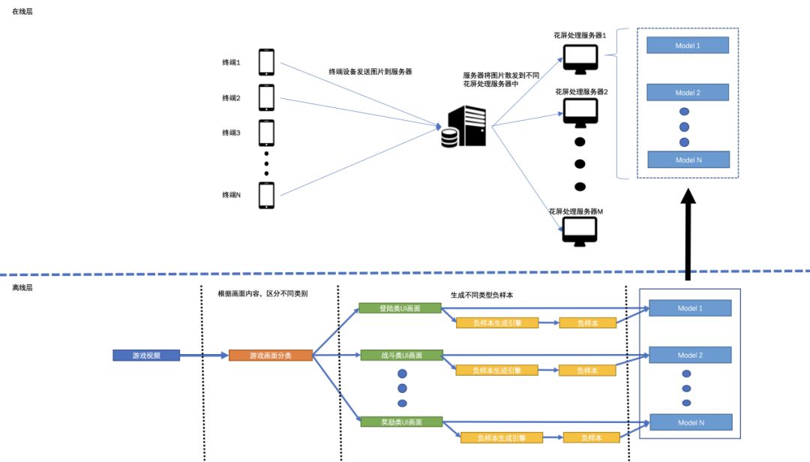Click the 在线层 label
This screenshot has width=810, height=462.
coord(22,11)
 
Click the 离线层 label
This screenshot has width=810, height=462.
coord(22,287)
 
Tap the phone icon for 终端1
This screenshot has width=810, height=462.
coord(266,62)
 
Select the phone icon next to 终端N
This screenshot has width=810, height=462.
coord(266,195)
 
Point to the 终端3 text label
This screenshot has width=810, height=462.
coord(232,133)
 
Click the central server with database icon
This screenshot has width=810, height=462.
coord(463,126)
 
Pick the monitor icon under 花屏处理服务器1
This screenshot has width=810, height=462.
coord(580,59)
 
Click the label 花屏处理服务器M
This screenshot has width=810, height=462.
coord(575,211)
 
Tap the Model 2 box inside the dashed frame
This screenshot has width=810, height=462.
coord(688,92)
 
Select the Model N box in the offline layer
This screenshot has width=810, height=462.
coord(691,422)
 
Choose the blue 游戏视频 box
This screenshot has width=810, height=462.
coord(146,355)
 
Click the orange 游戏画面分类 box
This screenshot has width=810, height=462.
coord(271,355)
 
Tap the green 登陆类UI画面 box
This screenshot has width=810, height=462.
coord(400,308)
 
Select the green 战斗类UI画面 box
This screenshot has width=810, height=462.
coord(401,355)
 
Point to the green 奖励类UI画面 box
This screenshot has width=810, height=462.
coord(401,421)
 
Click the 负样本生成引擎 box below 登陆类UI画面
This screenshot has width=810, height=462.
coord(497,323)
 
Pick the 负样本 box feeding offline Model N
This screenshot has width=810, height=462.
coord(592,438)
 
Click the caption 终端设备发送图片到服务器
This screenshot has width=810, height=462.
coord(370,72)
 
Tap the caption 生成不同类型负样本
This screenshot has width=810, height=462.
coord(482,295)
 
